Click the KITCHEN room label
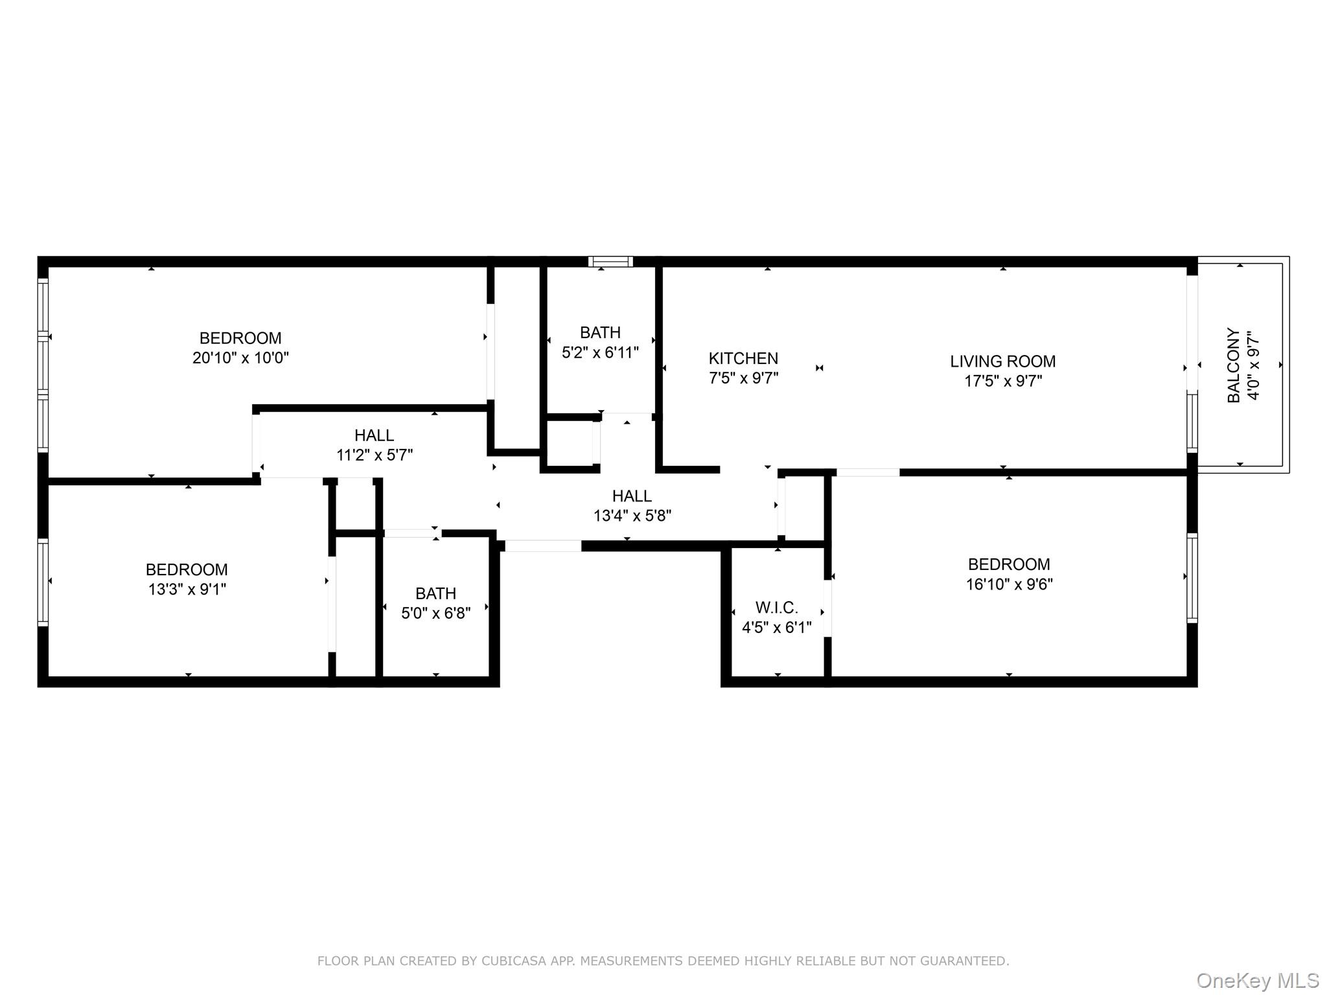click(x=743, y=358)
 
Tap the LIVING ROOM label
click(x=1002, y=361)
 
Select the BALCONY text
click(x=1234, y=365)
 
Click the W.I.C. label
click(x=776, y=608)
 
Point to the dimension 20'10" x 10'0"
click(x=240, y=358)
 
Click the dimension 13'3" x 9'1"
click(x=187, y=589)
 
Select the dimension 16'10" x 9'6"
click(x=1009, y=584)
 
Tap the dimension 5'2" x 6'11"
click(x=600, y=352)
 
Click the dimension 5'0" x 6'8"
click(x=435, y=613)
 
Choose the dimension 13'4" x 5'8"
click(x=632, y=516)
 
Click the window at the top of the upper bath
click(x=610, y=262)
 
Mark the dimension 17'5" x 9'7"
click(x=1002, y=381)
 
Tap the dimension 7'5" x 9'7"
click(x=743, y=378)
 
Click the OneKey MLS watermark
click(x=1257, y=981)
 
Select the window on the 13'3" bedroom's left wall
click(x=43, y=582)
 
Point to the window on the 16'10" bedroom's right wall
click(x=1192, y=578)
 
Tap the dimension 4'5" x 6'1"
click(x=776, y=628)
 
